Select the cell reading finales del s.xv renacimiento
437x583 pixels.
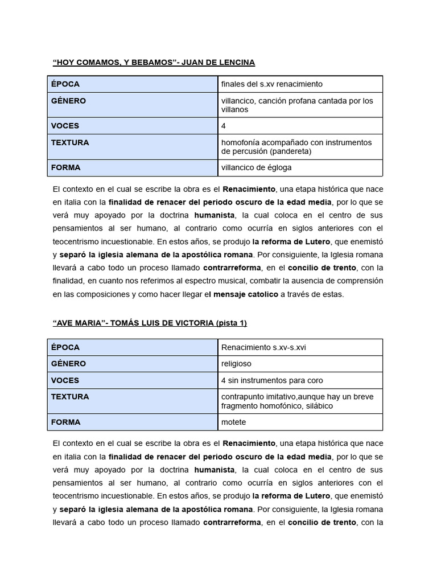coord(271,84)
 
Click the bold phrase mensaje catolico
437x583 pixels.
coord(245,294)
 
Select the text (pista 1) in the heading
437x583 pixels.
coord(231,323)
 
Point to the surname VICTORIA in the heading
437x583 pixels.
coord(191,323)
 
